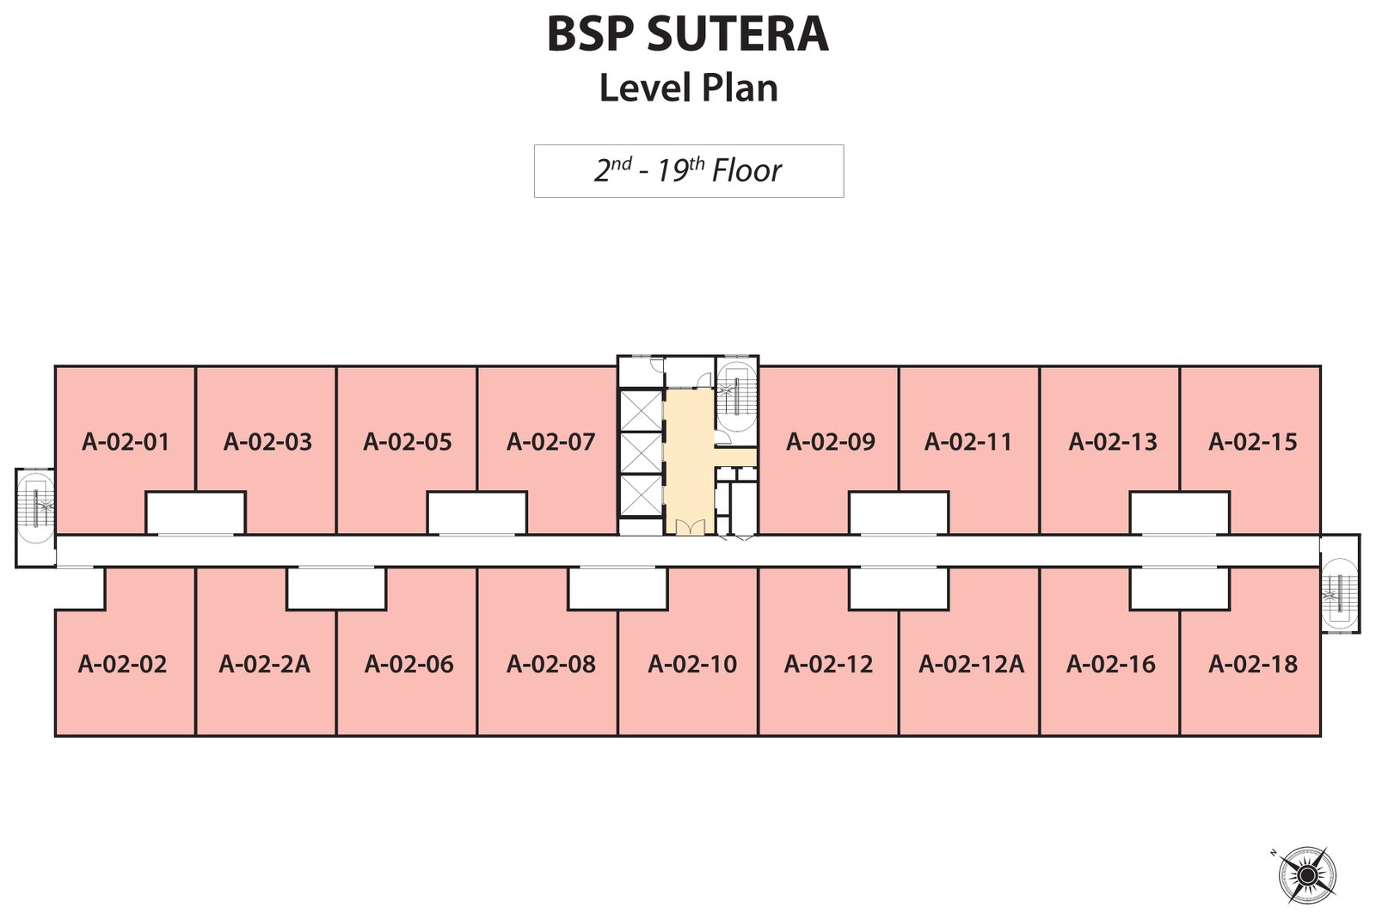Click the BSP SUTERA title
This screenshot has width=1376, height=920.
coord(688,34)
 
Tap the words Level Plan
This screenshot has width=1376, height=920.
coord(689,88)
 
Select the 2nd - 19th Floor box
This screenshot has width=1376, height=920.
coord(689,171)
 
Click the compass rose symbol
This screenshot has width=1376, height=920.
coord(1306,874)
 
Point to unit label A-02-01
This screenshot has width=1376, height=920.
coord(126,442)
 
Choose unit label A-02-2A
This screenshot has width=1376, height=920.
coord(265,664)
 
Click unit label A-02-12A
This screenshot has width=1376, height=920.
coord(971,664)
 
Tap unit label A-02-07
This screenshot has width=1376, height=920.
coord(551,442)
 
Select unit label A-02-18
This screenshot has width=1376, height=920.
coord(1253,664)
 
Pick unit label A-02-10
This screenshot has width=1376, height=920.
coord(692,664)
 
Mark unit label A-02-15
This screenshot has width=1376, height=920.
coord(1253,442)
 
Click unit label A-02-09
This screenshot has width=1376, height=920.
coord(831,442)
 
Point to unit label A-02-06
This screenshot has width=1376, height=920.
coord(409,664)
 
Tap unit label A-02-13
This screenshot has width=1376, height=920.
coord(1113,442)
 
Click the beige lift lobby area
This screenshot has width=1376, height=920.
coord(690,461)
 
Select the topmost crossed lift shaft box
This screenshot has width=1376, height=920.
coord(640,409)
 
